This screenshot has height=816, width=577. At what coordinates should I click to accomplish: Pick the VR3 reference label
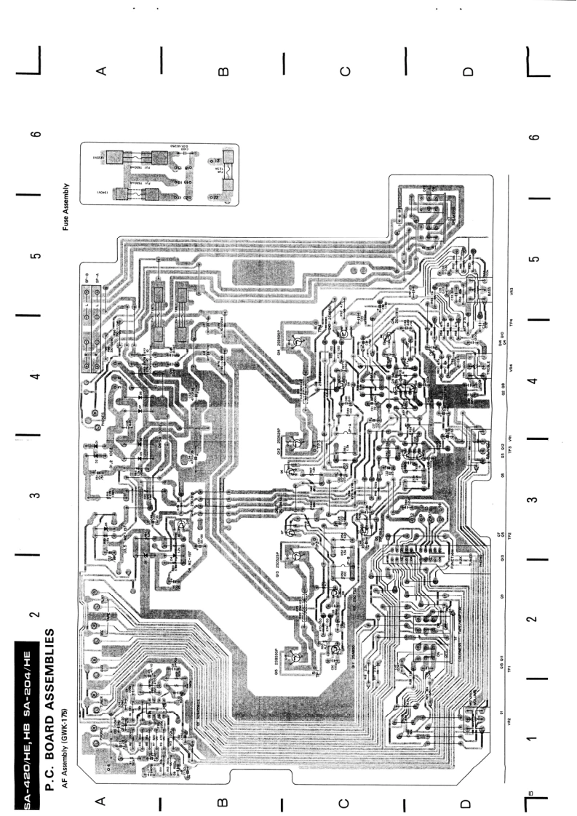tap(511, 291)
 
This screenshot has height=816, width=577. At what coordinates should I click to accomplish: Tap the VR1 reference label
tap(511, 439)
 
